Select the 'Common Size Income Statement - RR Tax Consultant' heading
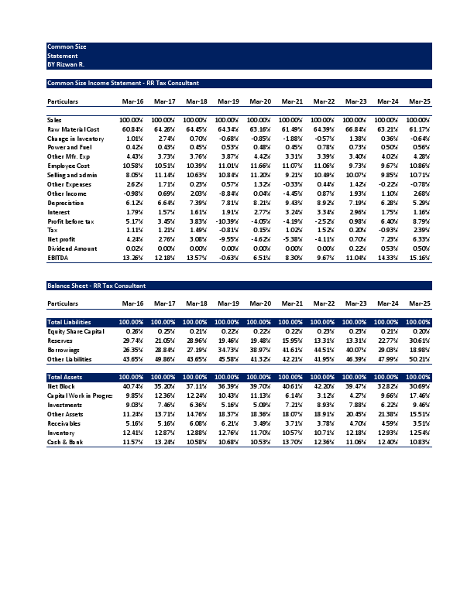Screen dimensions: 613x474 point(123,83)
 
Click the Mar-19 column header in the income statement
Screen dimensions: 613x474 point(228,101)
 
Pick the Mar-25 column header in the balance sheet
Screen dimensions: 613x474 point(419,304)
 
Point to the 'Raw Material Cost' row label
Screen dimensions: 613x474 point(74,129)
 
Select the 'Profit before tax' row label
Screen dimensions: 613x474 point(71,222)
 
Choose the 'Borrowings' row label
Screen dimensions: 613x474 point(64,351)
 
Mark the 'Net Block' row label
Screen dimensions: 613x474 point(61,385)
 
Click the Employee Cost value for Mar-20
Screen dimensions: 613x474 point(260,166)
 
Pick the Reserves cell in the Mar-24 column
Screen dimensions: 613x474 point(387,341)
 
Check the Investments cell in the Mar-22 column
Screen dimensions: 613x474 point(323,403)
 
